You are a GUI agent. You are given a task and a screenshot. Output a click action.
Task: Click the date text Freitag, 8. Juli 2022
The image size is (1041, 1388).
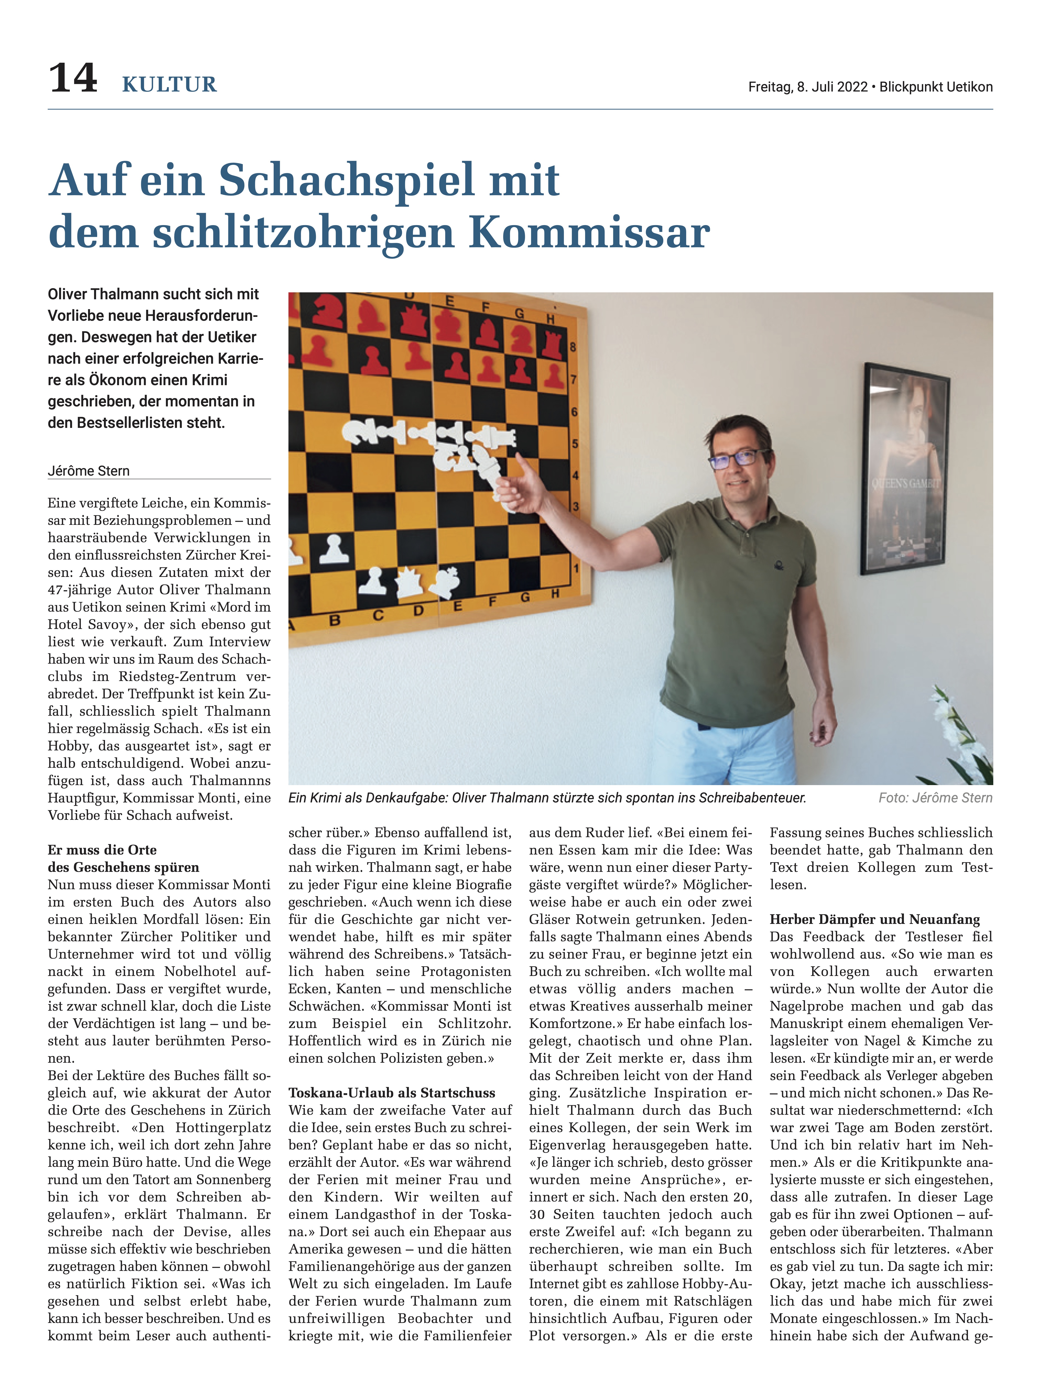click(x=808, y=87)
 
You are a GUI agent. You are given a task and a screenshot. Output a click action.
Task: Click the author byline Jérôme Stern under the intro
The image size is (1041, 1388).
click(x=88, y=471)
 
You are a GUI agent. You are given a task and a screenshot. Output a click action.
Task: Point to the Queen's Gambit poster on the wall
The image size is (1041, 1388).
click(x=904, y=468)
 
